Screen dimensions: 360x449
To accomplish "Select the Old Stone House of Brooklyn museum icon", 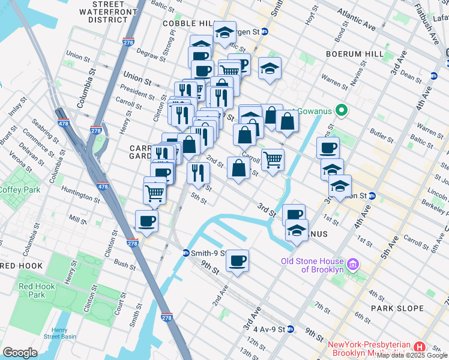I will [x=353, y=265].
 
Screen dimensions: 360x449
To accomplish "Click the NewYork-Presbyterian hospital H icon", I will [x=420, y=347].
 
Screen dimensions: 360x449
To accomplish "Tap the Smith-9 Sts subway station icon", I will [x=187, y=253].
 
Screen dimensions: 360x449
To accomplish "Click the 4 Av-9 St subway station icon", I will [x=291, y=329].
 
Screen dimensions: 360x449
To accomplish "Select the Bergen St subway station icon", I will [x=265, y=31].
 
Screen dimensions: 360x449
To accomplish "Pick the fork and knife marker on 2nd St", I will [x=197, y=173].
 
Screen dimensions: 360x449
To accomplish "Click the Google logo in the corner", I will [x=20, y=353].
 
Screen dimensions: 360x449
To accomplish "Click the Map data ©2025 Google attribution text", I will [x=412, y=355].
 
